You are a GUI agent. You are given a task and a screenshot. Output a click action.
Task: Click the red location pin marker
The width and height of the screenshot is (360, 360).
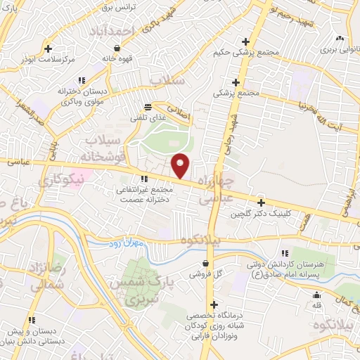[x=181, y=165]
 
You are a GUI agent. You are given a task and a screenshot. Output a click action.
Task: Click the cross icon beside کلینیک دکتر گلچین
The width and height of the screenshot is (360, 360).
[x=261, y=203]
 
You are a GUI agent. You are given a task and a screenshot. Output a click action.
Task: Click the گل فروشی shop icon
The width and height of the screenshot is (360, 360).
[x=205, y=264]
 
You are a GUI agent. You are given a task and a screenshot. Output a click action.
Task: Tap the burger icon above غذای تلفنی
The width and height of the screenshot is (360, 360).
[x=147, y=107]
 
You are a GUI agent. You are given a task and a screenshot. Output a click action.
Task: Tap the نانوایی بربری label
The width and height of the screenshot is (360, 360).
[x=340, y=49]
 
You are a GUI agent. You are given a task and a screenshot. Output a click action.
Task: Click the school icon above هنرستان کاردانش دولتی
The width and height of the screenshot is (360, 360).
[x=285, y=253]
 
